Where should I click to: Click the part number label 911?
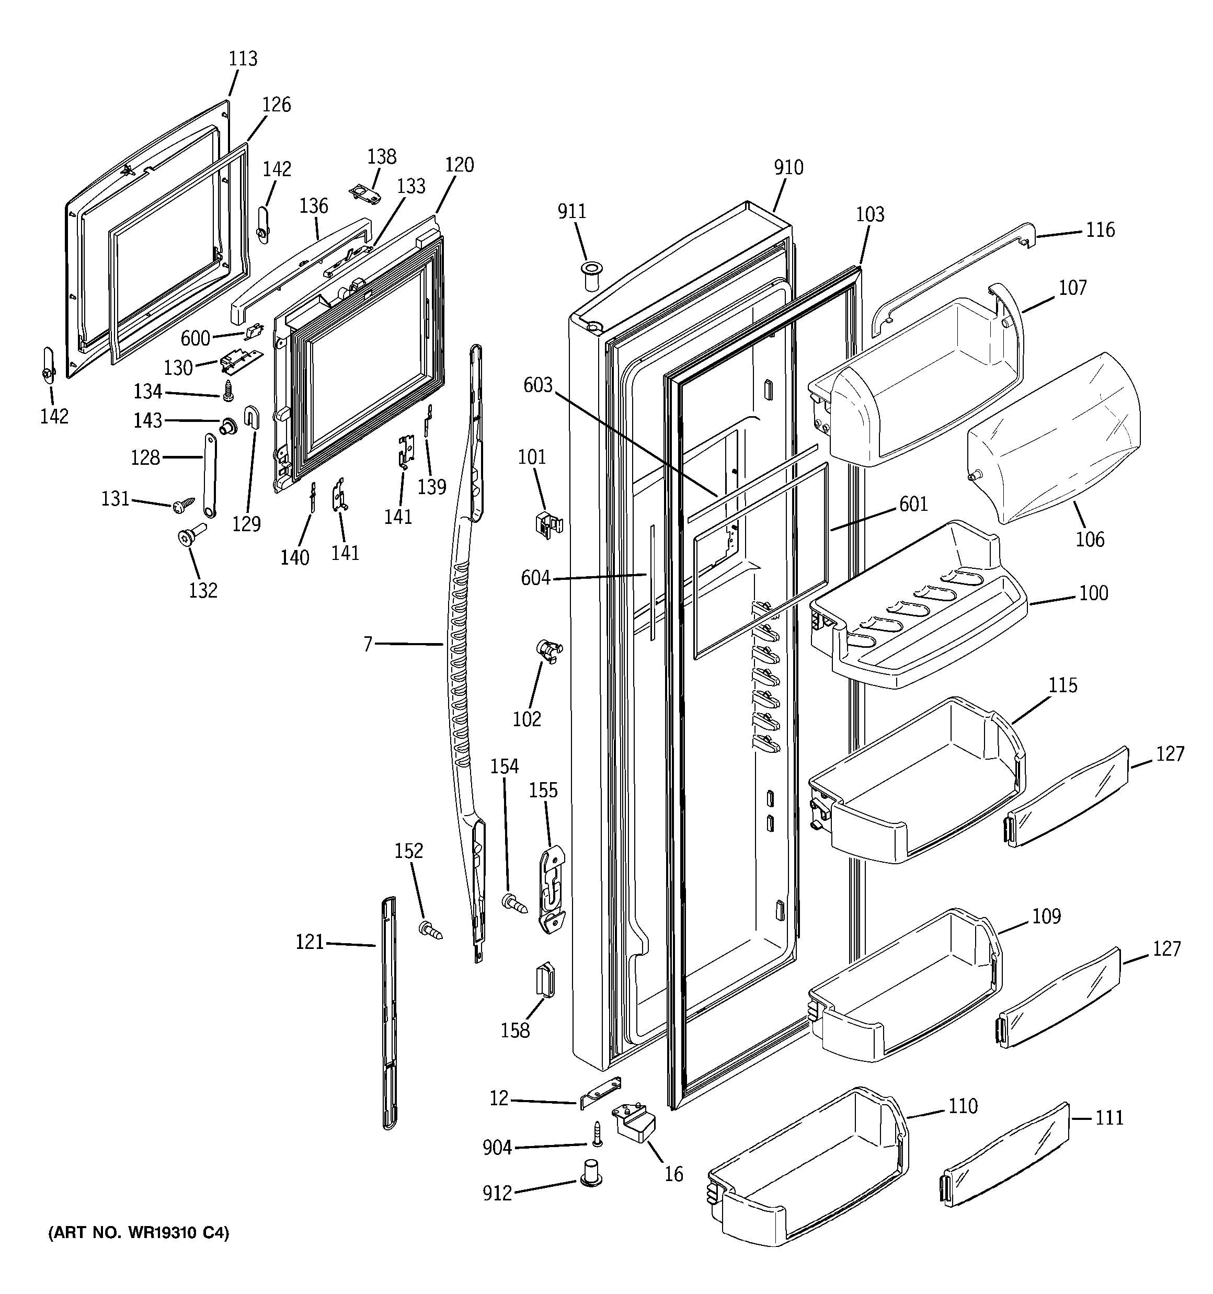point(571,212)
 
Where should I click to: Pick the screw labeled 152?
point(430,930)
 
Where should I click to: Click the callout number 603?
point(538,385)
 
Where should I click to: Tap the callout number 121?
point(310,942)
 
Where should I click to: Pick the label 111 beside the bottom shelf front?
point(1109,1118)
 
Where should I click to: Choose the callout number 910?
point(788,168)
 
